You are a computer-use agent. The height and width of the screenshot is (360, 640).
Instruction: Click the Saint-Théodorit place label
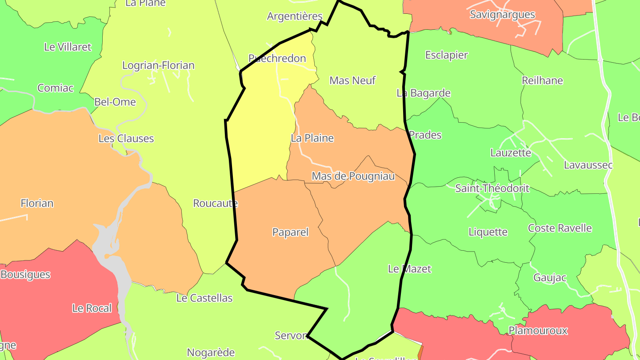[x=492, y=188]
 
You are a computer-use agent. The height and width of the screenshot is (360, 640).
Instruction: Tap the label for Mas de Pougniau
[x=353, y=176]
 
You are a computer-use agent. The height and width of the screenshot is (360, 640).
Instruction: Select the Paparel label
[x=290, y=232]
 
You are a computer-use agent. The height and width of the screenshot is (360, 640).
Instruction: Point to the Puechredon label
[x=277, y=58]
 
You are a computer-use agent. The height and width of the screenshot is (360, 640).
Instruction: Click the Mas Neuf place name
[x=352, y=80]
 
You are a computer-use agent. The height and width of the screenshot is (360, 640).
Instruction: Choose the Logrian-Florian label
[x=158, y=65]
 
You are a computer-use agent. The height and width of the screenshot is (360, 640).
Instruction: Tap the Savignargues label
[x=502, y=15]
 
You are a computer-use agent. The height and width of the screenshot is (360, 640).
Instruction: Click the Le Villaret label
[x=68, y=47]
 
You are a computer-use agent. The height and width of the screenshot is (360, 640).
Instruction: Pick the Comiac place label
[x=56, y=88]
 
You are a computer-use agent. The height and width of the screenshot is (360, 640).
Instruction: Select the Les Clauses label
[x=126, y=139]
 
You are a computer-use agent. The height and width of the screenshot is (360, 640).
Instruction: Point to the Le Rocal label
[x=92, y=308]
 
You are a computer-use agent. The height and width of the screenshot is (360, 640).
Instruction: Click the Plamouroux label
[x=538, y=331]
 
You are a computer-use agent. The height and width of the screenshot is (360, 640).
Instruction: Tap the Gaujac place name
[x=550, y=278]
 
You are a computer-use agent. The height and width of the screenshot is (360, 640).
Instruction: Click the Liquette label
[x=488, y=232]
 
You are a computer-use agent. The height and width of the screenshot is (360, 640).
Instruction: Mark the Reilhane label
[x=542, y=80]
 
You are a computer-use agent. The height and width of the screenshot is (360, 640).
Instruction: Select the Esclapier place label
[x=447, y=55]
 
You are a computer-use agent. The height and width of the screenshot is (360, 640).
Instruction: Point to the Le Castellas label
[x=204, y=298]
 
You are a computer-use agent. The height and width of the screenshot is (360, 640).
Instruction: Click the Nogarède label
[x=211, y=352]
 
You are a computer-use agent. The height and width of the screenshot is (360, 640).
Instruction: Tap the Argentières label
[x=295, y=16]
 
